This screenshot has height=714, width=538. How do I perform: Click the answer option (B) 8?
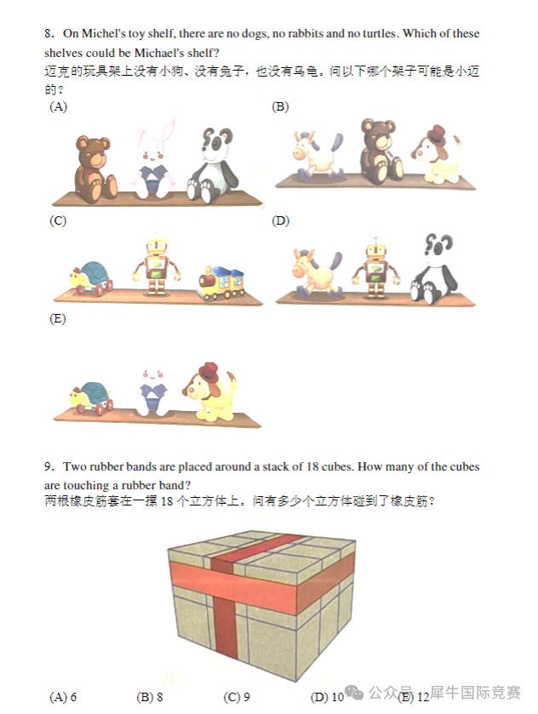(x=150, y=697)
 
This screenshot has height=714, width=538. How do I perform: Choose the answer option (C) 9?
(x=237, y=697)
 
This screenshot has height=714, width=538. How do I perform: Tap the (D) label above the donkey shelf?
(x=280, y=221)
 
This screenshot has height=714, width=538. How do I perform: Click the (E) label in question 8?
(x=58, y=319)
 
